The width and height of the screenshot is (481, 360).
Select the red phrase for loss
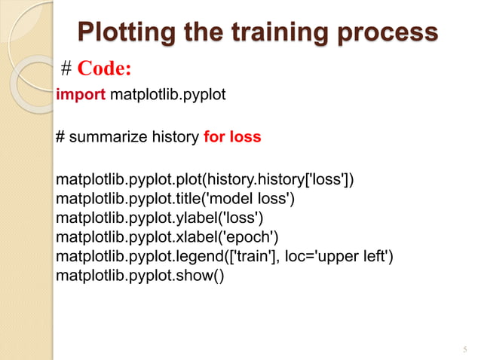[232, 137]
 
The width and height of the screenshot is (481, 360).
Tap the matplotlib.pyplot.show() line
[140, 277]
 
